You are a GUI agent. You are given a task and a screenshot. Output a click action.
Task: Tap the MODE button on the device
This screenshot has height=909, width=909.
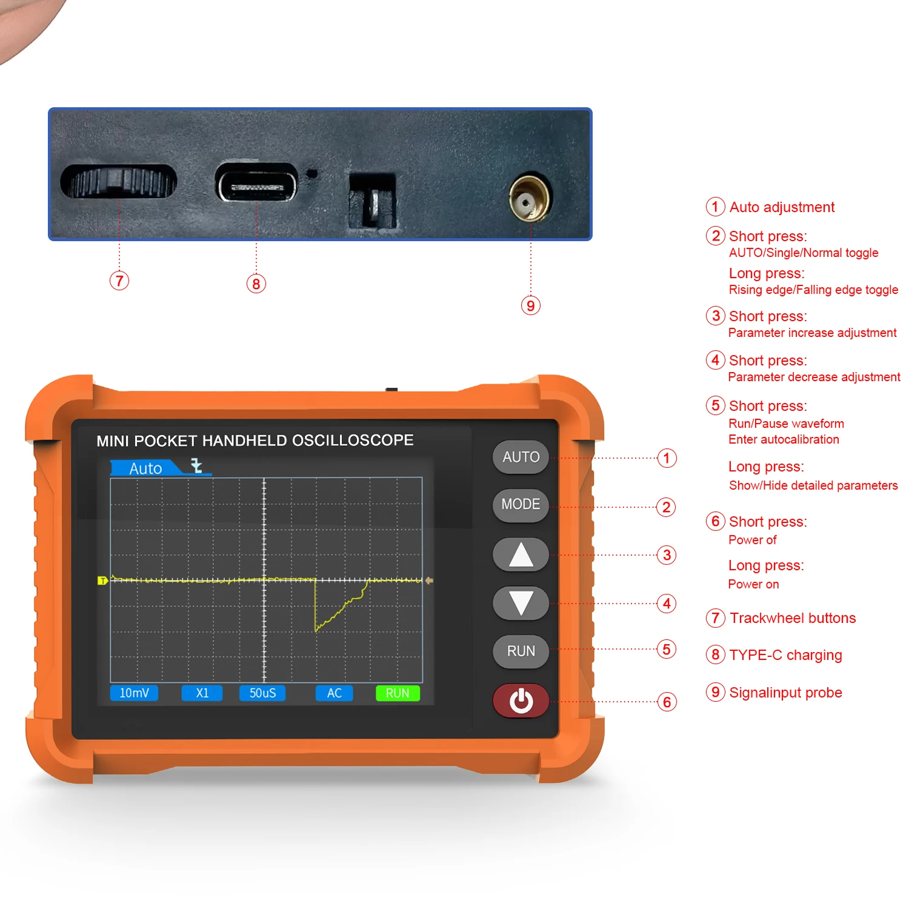point(521,505)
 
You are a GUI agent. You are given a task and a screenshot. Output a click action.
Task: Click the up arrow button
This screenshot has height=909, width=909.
point(521,554)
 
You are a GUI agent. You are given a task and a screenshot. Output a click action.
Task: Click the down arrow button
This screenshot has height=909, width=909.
point(521,603)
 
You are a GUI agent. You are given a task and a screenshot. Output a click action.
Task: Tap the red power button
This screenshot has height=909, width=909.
point(521,701)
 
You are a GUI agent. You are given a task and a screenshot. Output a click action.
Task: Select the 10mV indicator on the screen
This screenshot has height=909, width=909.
point(134,693)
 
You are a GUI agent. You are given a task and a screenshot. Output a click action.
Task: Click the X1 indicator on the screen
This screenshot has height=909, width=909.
point(202,693)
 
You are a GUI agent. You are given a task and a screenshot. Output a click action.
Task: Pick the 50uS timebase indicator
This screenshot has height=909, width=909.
point(262,693)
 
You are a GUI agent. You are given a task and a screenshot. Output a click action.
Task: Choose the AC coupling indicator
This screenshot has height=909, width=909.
point(334,693)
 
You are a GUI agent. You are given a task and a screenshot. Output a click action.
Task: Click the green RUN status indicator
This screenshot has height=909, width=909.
point(398,693)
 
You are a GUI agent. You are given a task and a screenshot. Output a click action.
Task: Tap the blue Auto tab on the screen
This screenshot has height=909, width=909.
point(145,468)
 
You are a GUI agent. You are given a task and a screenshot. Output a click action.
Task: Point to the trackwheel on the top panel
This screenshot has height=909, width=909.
point(119,181)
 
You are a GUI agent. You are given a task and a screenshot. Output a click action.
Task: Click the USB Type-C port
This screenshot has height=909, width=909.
point(257,183)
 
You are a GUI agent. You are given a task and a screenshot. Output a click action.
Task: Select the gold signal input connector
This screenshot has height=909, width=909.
point(530,198)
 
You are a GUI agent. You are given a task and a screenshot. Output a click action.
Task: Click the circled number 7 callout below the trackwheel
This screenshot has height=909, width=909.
point(119,281)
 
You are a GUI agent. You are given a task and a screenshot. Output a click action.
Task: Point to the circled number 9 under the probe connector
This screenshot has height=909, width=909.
point(530,305)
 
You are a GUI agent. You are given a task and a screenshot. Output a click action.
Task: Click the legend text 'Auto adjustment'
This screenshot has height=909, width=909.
point(782,207)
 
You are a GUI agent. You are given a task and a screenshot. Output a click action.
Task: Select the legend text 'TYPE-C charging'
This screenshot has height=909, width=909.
point(785,655)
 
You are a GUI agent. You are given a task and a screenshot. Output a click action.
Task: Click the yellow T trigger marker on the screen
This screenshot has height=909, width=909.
point(102,581)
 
